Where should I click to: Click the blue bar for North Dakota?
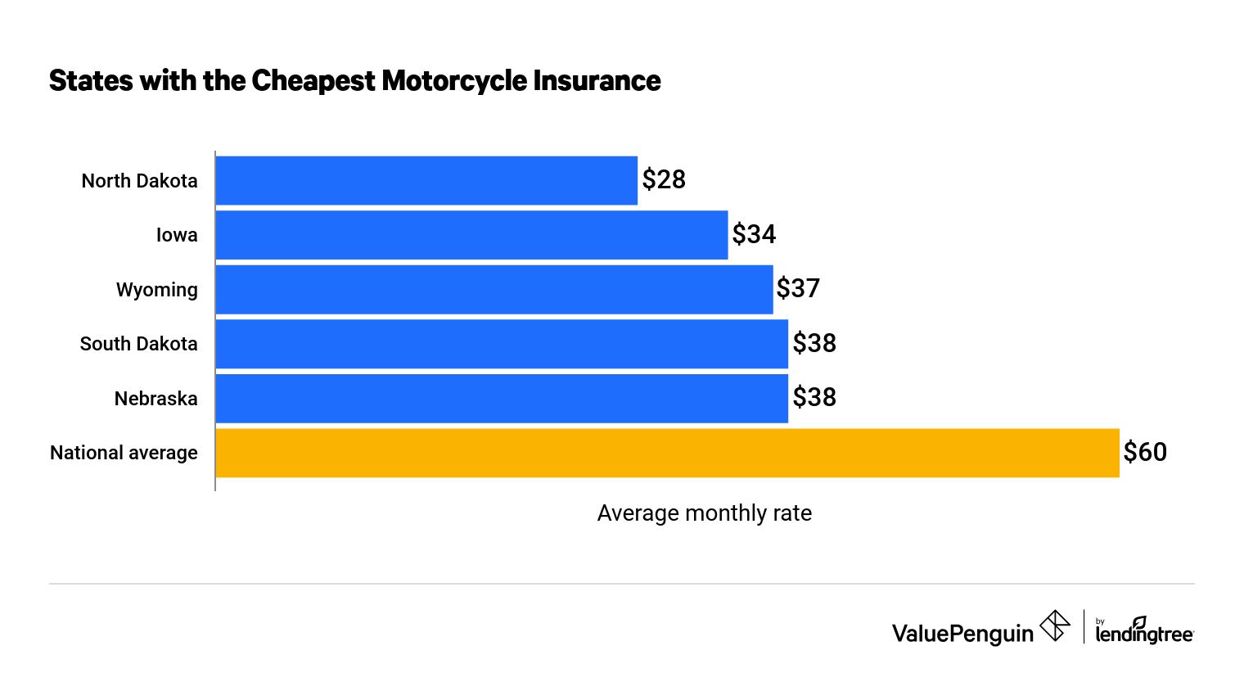(426, 180)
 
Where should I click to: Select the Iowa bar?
(471, 235)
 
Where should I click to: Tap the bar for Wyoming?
(494, 289)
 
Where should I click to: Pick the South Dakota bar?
(502, 344)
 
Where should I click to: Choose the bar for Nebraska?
(502, 398)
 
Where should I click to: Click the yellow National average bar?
(667, 453)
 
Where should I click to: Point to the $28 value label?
(664, 180)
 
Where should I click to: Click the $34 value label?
(754, 235)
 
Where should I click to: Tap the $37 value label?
(798, 289)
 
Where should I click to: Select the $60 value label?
(1145, 453)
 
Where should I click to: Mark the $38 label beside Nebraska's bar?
(814, 398)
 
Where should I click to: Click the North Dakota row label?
(139, 181)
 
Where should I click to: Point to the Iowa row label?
(177, 236)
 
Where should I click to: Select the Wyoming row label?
(157, 290)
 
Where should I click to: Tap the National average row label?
(124, 453)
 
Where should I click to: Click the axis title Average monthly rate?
(704, 513)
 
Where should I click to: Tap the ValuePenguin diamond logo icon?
(1054, 627)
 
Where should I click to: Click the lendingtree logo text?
(1144, 634)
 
